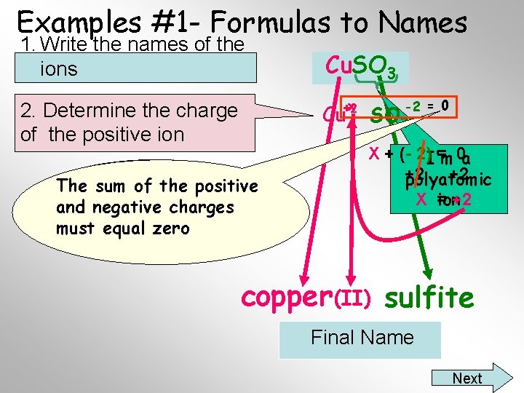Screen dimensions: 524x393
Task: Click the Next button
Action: click(467, 378)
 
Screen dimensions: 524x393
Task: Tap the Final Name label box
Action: click(362, 338)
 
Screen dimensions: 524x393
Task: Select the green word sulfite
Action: click(429, 297)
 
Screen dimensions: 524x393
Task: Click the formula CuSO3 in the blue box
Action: click(360, 67)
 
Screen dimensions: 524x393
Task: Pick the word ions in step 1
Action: click(59, 69)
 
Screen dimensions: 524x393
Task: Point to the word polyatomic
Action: click(449, 179)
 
